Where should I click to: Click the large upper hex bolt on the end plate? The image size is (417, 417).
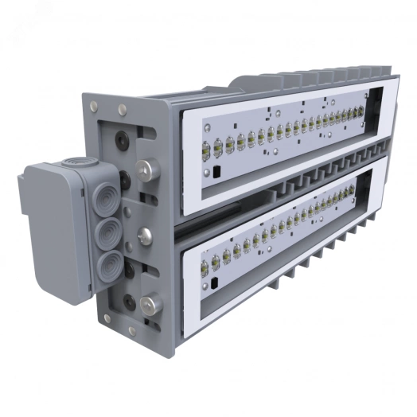[146, 170]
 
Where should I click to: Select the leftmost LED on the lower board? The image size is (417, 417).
[205, 266]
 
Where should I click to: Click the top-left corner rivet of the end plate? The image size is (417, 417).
[94, 104]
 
